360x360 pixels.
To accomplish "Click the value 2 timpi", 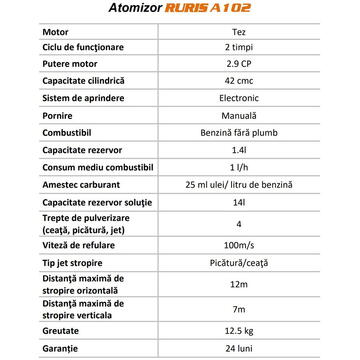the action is coord(260,51).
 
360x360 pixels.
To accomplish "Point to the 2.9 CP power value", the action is coord(260,68).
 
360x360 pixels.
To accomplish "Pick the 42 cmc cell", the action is coord(260,85).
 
